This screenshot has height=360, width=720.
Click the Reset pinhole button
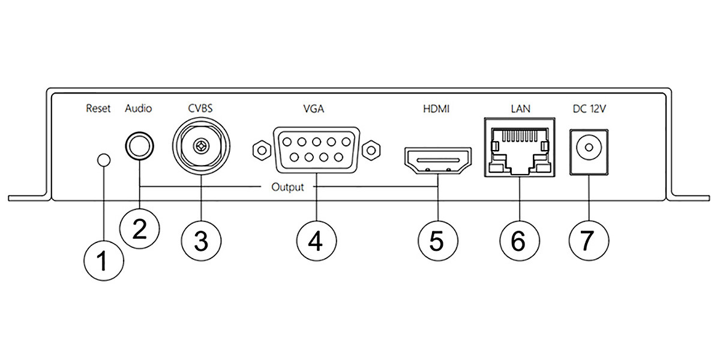click(104, 160)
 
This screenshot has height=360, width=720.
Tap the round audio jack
click(139, 146)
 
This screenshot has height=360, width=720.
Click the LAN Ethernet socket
click(518, 147)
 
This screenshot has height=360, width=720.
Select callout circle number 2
click(139, 230)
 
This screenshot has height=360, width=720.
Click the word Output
click(288, 187)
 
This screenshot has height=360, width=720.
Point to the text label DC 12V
click(589, 109)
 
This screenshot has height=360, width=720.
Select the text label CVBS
click(200, 109)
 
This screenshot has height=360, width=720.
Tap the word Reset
click(98, 109)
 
